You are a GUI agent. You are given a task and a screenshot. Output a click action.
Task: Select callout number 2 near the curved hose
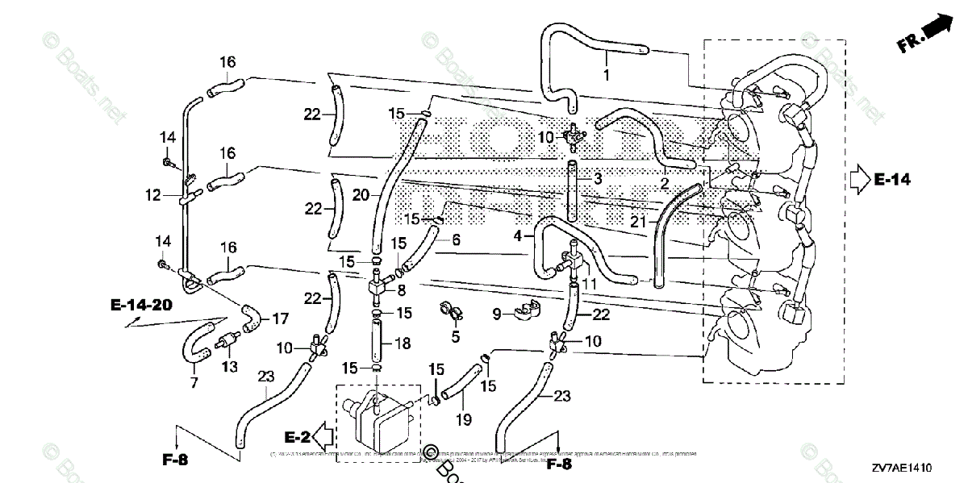point(664,184)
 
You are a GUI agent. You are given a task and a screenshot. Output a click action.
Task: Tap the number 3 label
point(599,177)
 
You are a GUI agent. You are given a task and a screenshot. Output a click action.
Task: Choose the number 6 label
point(456,239)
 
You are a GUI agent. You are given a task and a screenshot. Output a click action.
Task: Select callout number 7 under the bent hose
point(194,383)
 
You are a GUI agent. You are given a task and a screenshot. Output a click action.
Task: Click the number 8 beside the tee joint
point(402,289)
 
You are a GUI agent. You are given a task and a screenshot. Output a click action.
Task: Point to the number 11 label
point(588,284)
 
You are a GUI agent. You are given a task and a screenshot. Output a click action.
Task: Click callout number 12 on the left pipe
point(153,194)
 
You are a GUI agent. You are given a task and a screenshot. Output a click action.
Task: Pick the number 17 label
point(280,319)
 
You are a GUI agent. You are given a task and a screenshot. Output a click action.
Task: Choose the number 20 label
point(360,194)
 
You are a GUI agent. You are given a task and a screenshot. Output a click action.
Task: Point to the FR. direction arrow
point(924,35)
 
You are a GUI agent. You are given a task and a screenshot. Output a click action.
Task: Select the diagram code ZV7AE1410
point(901,468)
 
